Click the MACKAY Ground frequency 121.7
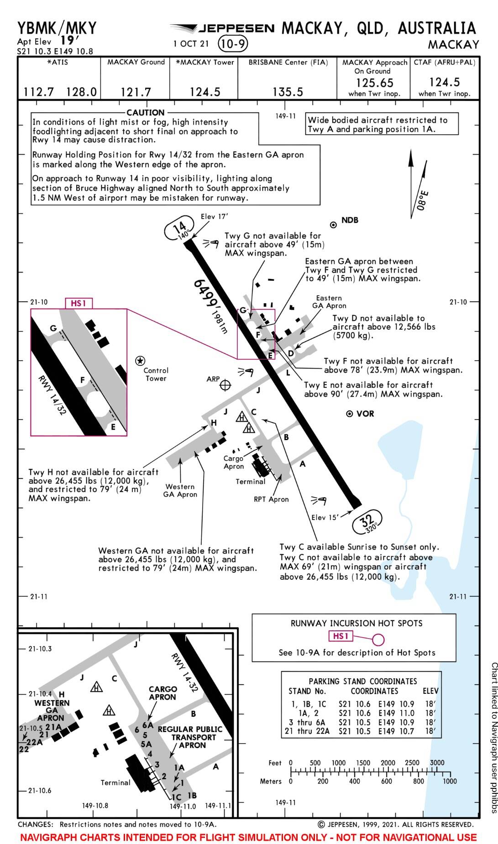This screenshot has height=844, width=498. [136, 92]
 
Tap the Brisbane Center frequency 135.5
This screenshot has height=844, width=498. [288, 92]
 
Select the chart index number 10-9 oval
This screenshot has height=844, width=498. [233, 44]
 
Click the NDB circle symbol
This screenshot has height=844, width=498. [333, 225]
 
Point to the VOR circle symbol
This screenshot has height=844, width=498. [350, 414]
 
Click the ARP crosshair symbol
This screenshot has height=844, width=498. [225, 385]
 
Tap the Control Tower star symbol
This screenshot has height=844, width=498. [140, 361]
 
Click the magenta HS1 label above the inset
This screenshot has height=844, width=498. [79, 303]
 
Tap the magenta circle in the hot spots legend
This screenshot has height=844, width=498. [378, 639]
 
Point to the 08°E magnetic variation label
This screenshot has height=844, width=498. [423, 200]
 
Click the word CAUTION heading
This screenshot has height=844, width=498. [145, 112]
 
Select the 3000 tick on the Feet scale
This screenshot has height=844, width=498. [437, 762]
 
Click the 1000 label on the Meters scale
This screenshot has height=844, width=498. [449, 781]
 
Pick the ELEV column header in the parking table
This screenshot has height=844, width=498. [430, 691]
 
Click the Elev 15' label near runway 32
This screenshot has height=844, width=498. [325, 518]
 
